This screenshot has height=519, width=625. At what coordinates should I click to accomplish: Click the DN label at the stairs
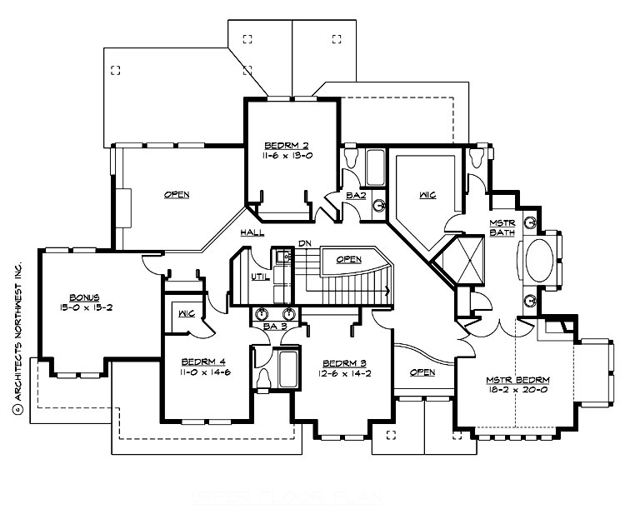click(x=304, y=243)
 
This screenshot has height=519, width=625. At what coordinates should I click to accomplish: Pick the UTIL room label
click(x=259, y=277)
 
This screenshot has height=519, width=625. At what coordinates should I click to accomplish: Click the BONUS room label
click(x=85, y=297)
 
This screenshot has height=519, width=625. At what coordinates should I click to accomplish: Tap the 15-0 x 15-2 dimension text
click(x=85, y=307)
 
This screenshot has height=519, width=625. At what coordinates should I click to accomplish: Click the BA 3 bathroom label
click(x=275, y=326)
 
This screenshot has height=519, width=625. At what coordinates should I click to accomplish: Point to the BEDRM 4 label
click(x=205, y=362)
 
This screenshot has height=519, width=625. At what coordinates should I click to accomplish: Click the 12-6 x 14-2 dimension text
click(x=342, y=374)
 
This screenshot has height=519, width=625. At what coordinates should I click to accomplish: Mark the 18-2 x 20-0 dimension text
click(x=517, y=392)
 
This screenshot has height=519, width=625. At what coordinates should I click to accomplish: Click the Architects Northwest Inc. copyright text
click(x=16, y=338)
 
